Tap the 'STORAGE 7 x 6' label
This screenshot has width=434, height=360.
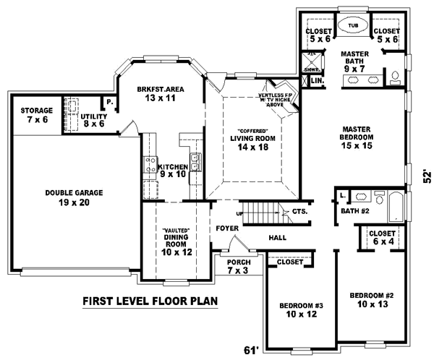(36, 115)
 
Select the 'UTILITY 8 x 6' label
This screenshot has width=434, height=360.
(94, 120)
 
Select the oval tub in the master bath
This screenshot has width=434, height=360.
(353, 25)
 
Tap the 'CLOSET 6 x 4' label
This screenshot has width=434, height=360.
(381, 238)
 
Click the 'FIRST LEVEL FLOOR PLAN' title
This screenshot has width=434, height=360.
(150, 301)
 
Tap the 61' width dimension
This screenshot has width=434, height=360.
(250, 351)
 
